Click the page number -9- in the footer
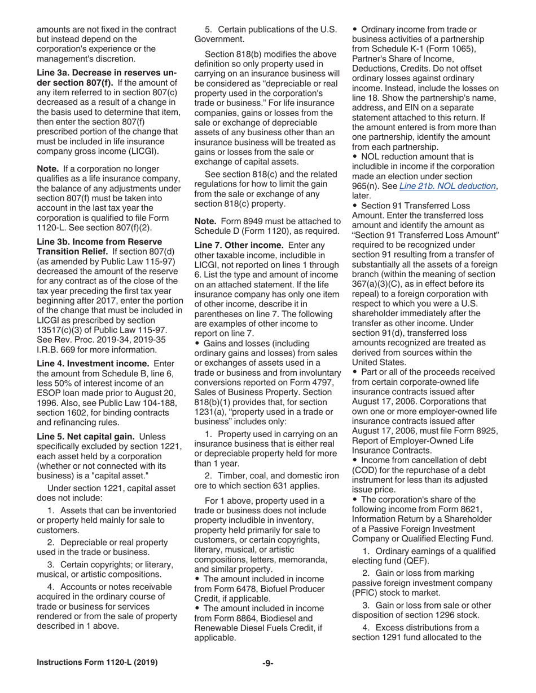tap(267, 663)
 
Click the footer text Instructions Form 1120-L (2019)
tap(97, 663)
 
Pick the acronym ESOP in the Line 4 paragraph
tap(51, 394)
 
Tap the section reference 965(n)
tap(367, 186)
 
